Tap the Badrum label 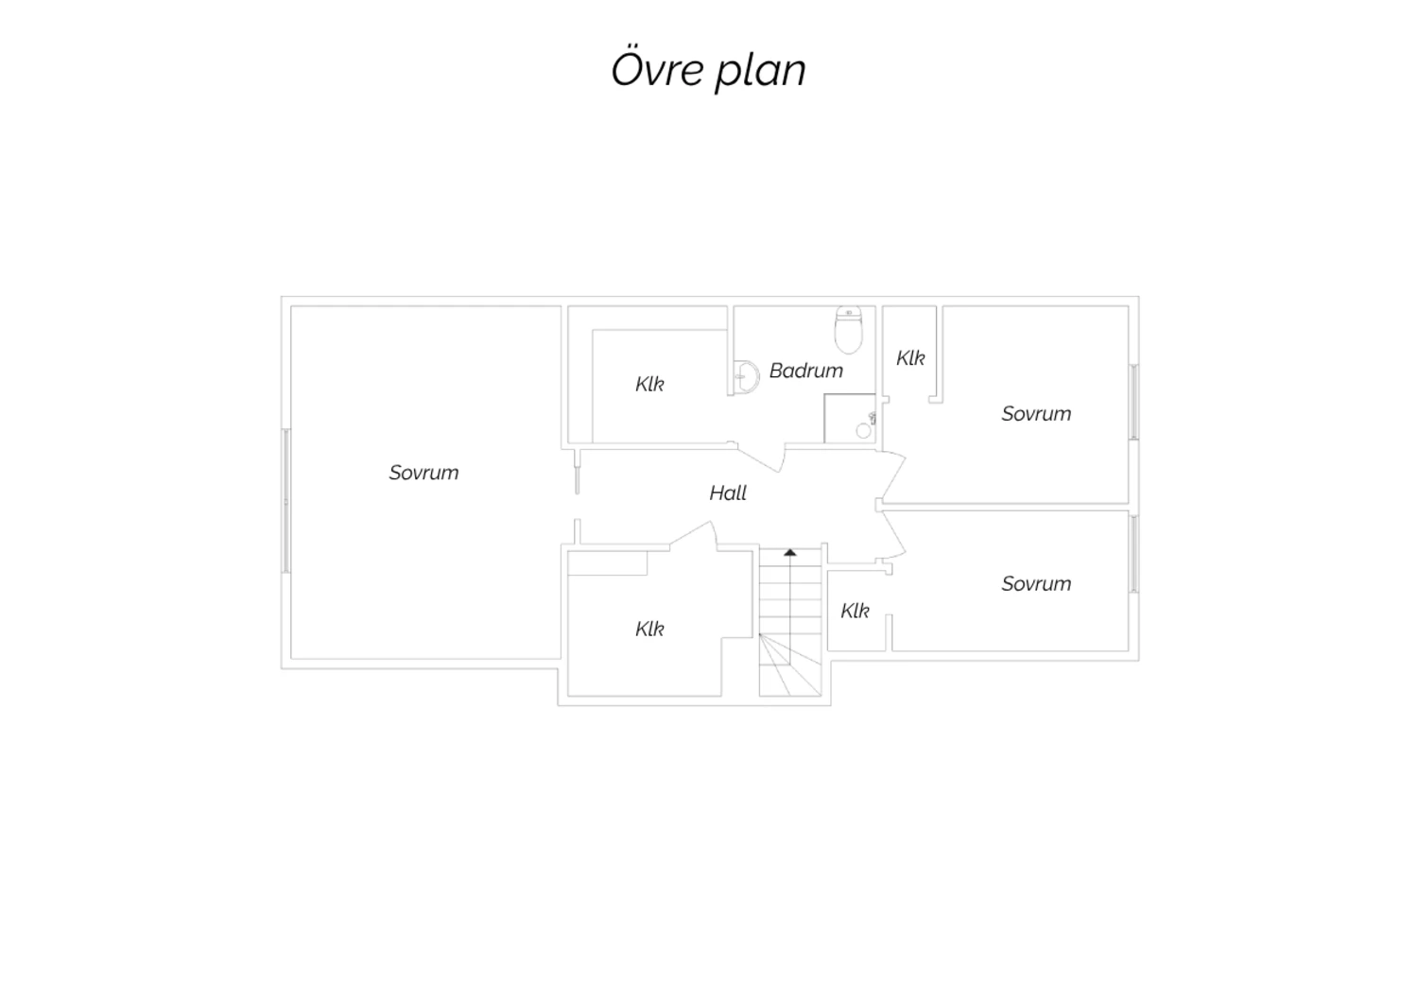point(805,371)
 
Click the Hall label point(727,492)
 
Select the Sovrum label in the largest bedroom point(424,473)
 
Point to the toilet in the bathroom point(848,330)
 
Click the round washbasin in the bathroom point(747,377)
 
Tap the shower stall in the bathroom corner point(850,419)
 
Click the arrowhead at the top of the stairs point(790,553)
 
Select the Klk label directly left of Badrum point(649,384)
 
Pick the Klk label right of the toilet point(910,358)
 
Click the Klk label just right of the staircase point(855,611)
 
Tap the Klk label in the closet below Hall point(649,629)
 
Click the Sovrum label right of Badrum point(1036,413)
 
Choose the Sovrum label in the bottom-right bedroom point(1036,583)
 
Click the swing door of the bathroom point(760,457)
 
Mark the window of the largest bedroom point(286,501)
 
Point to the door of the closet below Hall point(694,534)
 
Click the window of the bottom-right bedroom point(1133,554)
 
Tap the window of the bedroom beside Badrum point(1133,402)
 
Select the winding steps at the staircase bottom point(790,665)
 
